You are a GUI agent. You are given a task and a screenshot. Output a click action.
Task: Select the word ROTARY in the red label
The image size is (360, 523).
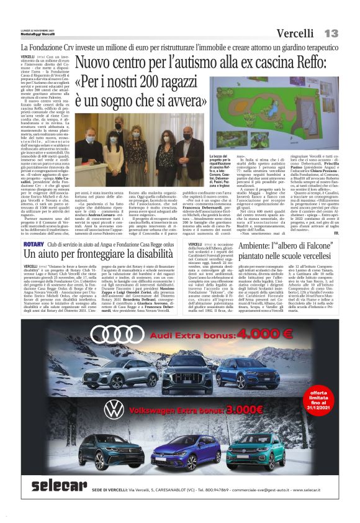34,245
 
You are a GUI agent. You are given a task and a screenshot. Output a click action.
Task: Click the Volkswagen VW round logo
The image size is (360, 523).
114,409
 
